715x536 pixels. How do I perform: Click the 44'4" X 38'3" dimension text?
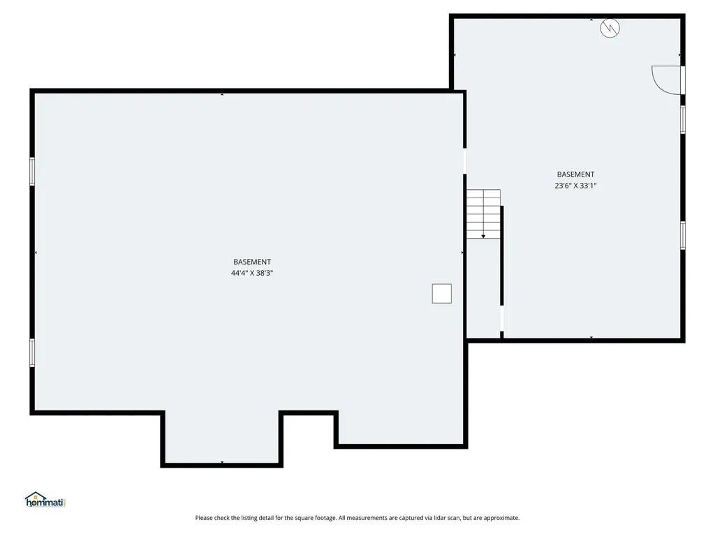(251, 274)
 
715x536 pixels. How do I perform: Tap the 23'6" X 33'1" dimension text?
(575, 186)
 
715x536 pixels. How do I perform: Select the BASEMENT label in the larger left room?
(252, 262)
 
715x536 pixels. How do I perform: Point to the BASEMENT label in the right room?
(575, 174)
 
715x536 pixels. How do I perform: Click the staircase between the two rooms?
(484, 213)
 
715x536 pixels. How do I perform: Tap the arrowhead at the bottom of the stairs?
(483, 237)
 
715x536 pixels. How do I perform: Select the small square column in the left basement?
(441, 293)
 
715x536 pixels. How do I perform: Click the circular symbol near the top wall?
(610, 28)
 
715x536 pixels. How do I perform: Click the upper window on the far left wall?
(32, 171)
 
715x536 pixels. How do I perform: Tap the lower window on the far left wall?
(32, 352)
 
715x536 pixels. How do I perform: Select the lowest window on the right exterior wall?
(682, 234)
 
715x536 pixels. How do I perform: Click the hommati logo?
(45, 500)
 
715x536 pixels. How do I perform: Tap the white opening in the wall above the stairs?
(465, 161)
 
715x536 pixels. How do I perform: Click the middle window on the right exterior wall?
(682, 119)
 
